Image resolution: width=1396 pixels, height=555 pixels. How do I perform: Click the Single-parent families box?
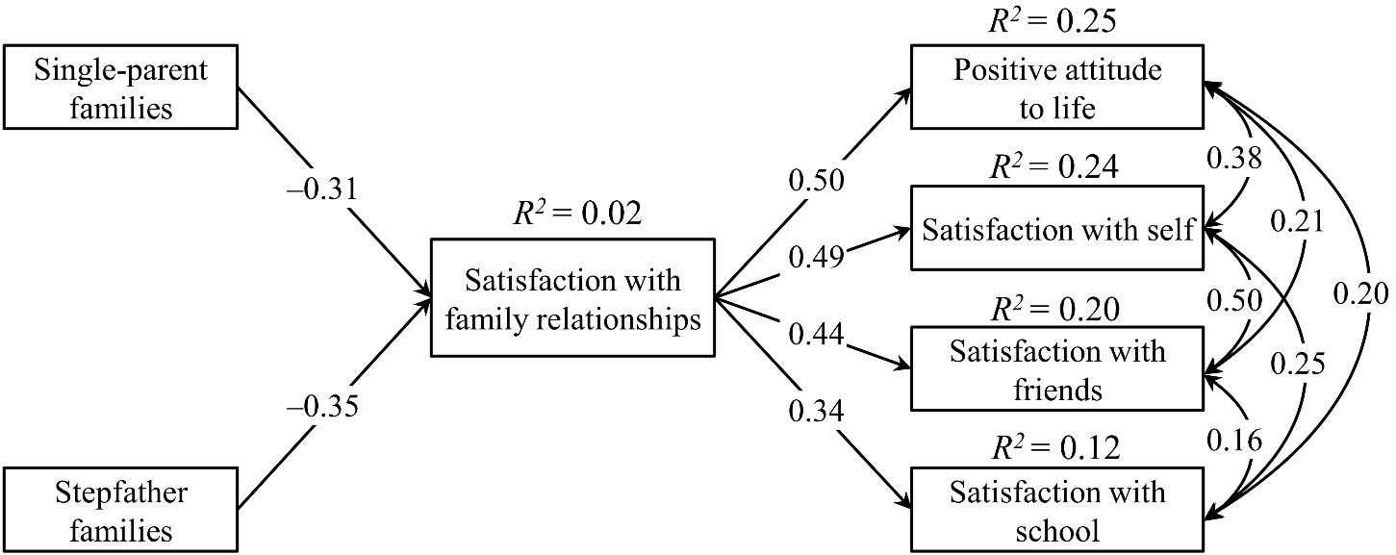120,87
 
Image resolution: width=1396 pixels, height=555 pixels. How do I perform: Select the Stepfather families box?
120,510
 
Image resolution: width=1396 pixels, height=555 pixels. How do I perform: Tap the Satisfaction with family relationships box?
572,298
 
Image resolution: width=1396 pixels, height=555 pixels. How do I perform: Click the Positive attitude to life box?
1057,87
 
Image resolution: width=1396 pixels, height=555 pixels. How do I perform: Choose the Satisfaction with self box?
1057,228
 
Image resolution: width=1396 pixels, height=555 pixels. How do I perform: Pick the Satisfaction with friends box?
1057,368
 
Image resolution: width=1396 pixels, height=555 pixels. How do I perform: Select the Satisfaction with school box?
1057,510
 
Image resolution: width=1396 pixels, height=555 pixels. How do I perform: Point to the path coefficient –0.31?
322,189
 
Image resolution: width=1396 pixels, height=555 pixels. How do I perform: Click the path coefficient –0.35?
322,406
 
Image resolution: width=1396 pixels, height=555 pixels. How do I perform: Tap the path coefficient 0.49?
816,256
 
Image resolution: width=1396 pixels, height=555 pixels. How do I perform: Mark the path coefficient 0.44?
816,334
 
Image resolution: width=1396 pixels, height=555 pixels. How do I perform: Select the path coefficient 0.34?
816,411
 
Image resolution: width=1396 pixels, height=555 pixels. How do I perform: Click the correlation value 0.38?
1234,158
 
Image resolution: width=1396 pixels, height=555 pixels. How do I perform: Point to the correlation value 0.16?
1234,441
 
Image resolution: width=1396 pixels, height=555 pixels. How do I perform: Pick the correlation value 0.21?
1297,221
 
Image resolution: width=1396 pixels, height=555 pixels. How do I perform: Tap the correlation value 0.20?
1360,293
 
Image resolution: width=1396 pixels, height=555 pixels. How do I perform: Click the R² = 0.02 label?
577,214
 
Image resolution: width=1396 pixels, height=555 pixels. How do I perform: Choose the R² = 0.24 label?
1054,166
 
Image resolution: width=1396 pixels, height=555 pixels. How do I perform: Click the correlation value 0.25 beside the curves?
1297,364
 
